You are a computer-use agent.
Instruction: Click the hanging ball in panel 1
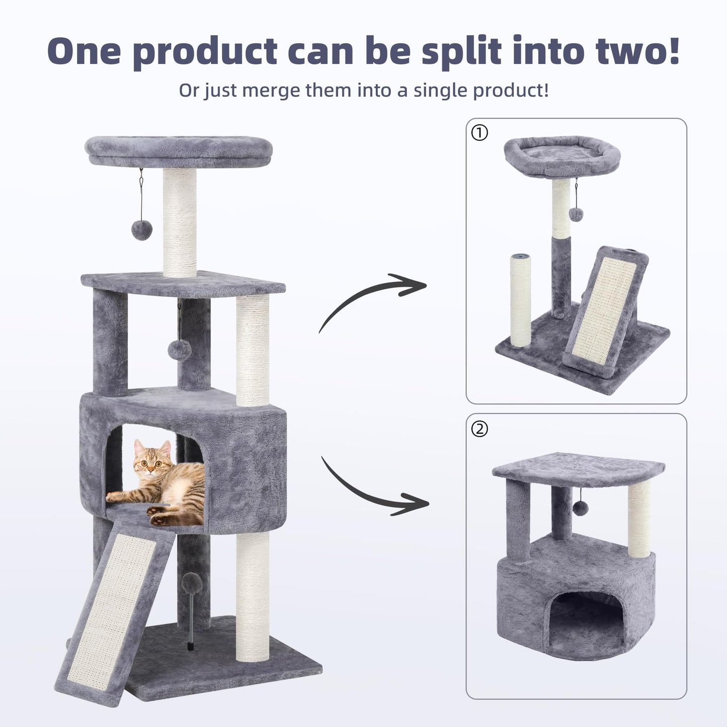pyautogui.click(x=576, y=214)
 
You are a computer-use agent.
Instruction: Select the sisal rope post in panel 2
pyautogui.click(x=639, y=518)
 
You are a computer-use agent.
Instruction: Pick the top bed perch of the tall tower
pyautogui.click(x=180, y=149)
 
